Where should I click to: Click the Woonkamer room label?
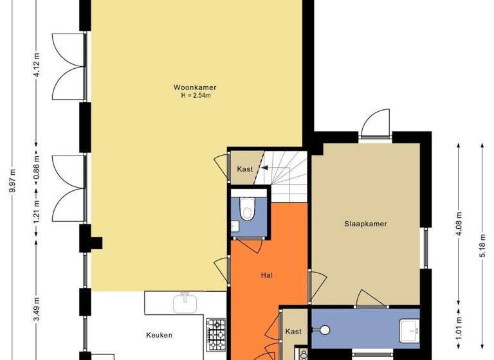(x=194, y=87)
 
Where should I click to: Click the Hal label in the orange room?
(x=266, y=274)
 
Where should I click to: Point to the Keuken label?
(x=160, y=335)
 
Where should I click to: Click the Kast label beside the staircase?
(x=244, y=170)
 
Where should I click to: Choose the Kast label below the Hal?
(x=293, y=332)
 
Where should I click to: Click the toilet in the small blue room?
(x=247, y=209)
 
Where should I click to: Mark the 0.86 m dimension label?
(x=37, y=166)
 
